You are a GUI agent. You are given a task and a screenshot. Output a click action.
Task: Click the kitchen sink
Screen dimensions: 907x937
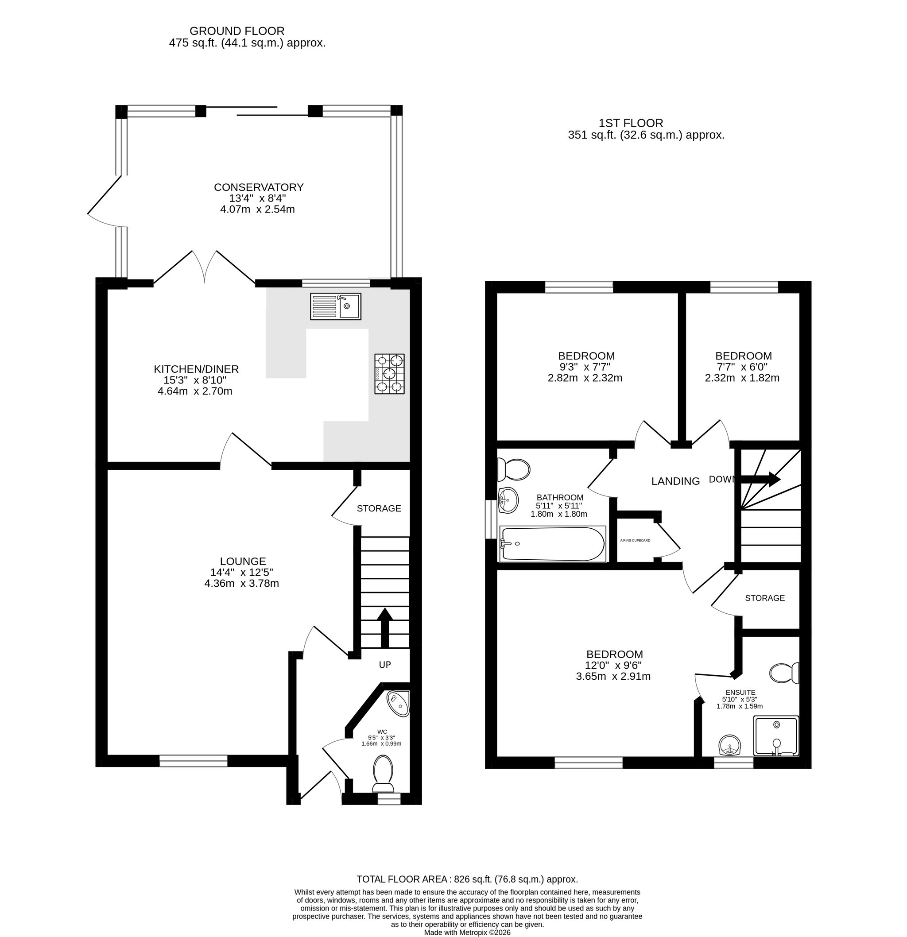336,306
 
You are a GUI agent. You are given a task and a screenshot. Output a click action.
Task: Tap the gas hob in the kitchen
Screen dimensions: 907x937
389,374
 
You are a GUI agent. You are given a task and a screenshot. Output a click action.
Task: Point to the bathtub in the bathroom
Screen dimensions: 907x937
552,544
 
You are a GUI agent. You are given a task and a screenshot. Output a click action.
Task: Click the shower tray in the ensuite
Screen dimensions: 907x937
776,736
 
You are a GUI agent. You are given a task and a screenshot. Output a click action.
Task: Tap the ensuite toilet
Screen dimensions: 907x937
784,673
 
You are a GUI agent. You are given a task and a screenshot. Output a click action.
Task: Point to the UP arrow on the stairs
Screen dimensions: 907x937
385,628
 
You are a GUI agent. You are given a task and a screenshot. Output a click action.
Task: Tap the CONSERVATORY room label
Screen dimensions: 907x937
259,187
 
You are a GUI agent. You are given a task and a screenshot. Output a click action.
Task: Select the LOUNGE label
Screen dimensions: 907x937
243,561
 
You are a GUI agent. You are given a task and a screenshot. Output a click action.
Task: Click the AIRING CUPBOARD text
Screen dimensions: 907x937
635,541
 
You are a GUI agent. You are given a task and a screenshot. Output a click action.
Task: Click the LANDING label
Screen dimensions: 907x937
675,481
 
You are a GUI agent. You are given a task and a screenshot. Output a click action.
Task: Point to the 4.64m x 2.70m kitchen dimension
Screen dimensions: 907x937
195,391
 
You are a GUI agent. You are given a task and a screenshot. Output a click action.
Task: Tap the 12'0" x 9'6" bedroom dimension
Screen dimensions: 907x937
613,665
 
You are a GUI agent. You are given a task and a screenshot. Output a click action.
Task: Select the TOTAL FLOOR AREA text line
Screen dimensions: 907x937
468,879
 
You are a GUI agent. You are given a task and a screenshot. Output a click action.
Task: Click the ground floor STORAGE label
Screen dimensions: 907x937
379,508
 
